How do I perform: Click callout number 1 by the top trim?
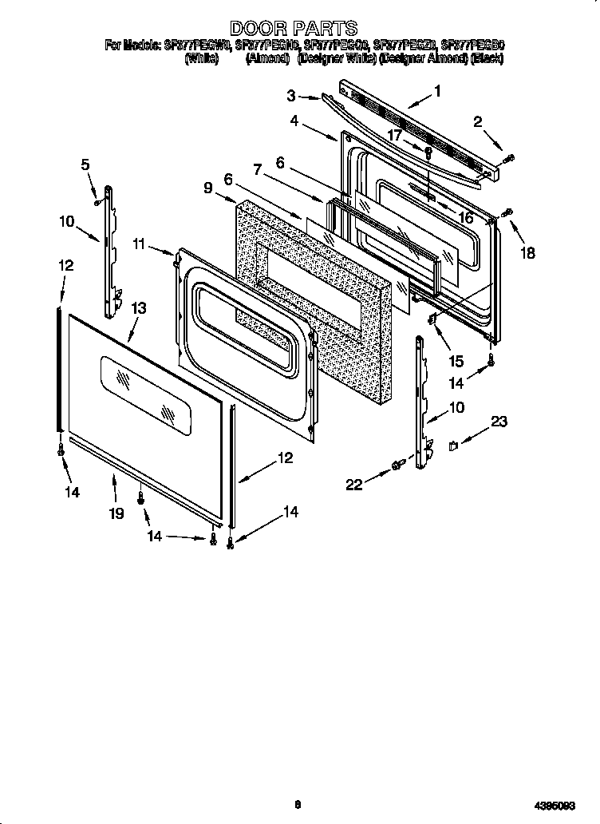[436, 91]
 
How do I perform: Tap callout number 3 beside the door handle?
[292, 96]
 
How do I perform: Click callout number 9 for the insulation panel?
[207, 188]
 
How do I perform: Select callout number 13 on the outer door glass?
[138, 307]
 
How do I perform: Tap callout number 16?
[465, 216]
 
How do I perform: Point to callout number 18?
[527, 253]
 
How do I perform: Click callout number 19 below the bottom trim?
[116, 513]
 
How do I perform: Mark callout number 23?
[499, 422]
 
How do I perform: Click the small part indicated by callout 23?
[453, 446]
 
